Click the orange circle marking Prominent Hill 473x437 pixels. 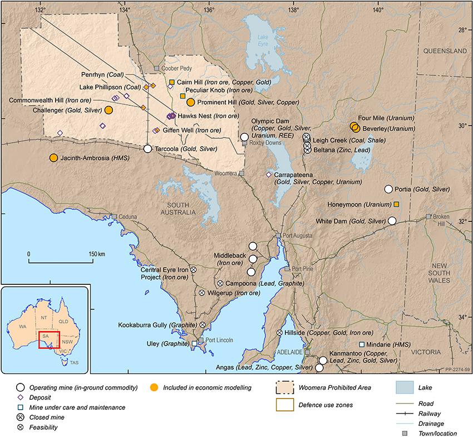coord(191,102)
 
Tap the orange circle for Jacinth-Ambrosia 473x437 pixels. coord(54,158)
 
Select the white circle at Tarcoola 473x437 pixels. coord(147,149)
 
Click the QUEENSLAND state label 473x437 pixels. coord(445,51)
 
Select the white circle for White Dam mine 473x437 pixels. coord(392,221)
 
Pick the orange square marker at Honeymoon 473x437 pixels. coord(396,205)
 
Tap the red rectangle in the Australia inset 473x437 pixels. coord(49,340)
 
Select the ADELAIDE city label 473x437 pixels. coord(289,352)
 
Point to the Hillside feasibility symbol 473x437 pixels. coord(279,333)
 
